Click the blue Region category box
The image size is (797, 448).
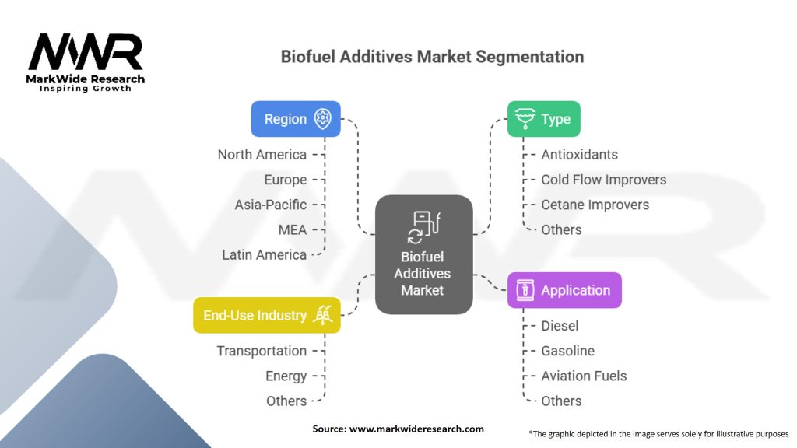point(296,119)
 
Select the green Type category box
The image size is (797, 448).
point(543,119)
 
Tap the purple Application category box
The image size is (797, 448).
point(564,290)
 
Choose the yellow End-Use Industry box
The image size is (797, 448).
point(266,315)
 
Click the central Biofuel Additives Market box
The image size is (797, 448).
point(423,254)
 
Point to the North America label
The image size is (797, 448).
point(262,155)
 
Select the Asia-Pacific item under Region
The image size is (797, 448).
point(271,205)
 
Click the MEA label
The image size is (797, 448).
point(293,229)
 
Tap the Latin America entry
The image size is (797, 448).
point(265,254)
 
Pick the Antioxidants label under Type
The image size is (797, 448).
point(580,155)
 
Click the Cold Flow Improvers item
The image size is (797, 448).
point(604,180)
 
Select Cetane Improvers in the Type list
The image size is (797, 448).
point(595,205)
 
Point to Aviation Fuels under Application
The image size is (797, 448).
point(584,376)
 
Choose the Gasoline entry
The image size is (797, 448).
point(568,351)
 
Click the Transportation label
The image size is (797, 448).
point(262,351)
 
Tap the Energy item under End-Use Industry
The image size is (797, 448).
point(286,376)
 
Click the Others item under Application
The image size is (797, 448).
point(562,401)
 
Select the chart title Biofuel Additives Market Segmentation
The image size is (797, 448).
point(432,57)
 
